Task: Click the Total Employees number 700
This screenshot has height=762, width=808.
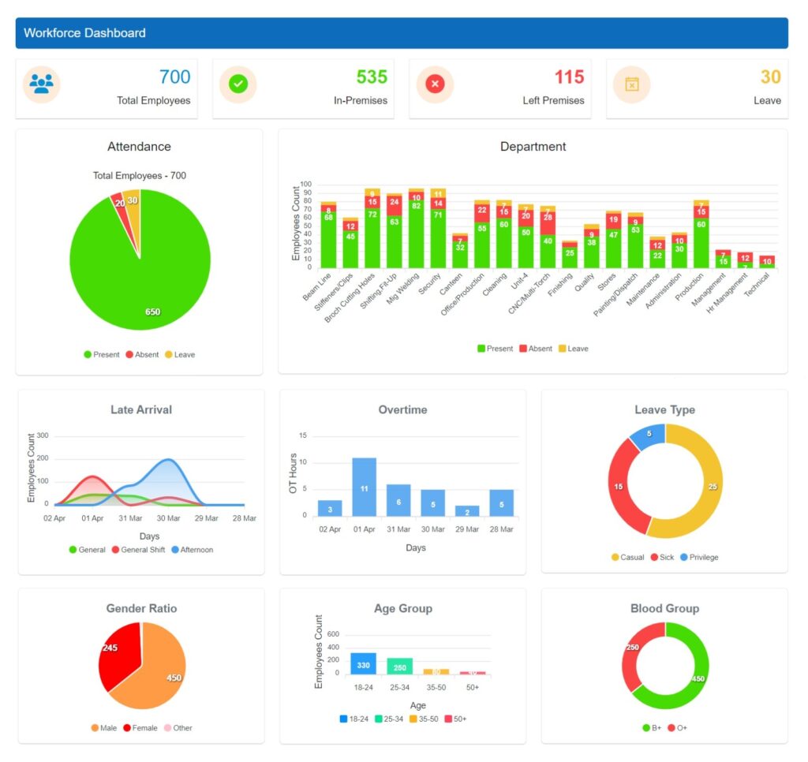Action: tap(174, 77)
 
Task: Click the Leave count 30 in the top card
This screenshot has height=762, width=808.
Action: tap(770, 77)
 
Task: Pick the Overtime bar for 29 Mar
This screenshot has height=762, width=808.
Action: tap(467, 510)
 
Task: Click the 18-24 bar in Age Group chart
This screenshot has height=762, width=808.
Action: tap(363, 663)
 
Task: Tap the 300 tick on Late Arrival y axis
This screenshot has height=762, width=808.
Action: tap(43, 435)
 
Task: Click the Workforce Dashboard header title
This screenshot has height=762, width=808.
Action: tap(84, 33)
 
